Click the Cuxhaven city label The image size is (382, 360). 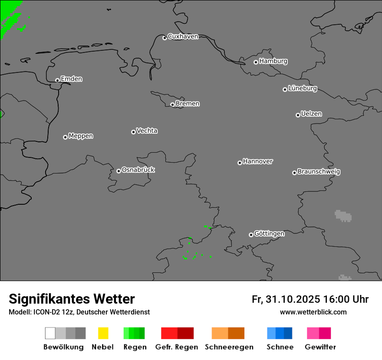coord(183,36)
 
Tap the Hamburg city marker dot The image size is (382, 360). coord(256,62)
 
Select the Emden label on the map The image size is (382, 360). coord(71,79)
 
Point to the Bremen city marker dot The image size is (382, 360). coord(172,105)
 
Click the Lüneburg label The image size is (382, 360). coord(303,88)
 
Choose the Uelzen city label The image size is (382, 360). coord(311,114)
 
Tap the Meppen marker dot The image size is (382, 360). coord(65,137)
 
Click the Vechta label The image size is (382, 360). coord(147,131)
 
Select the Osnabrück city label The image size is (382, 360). coord(138,170)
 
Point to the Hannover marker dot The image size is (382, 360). coord(240,163)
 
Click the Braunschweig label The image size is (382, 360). coord(319,171)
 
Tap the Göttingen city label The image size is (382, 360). coord(269,233)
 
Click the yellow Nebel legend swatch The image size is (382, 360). coord(103,333)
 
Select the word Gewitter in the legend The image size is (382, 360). coord(320,347)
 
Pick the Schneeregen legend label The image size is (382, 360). coord(229,347)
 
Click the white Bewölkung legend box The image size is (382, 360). coord(50,333)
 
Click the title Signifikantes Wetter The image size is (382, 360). coord(72,299)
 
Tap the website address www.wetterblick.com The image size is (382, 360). coord(313,312)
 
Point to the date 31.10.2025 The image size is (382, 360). coord(293,299)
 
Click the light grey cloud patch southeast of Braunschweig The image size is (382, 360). coord(343,215)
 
